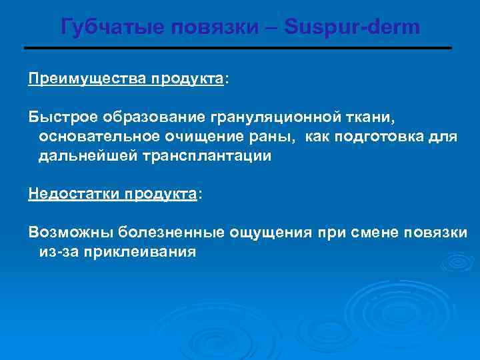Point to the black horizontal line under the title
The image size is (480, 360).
238,49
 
